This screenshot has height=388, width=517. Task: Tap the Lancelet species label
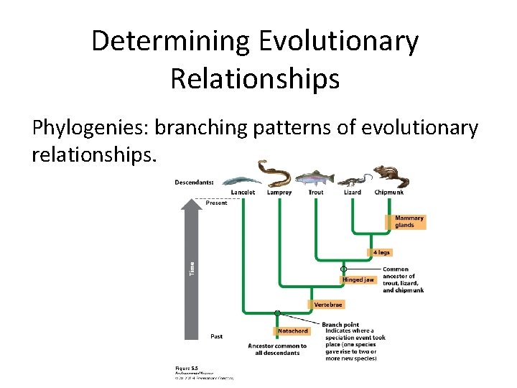coord(243,193)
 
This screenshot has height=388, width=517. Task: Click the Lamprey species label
coord(279,193)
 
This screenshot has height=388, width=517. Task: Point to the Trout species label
coord(315,193)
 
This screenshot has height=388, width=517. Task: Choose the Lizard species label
coord(353,193)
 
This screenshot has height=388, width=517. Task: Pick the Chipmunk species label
coord(388,193)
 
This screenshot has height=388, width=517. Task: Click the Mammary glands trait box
coord(409,221)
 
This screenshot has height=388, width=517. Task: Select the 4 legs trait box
coord(381,252)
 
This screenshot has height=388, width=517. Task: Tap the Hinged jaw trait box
coord(358,280)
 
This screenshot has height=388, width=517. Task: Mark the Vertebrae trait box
coord(329,305)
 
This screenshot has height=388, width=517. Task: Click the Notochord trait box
coord(293,331)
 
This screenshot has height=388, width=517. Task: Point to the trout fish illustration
coord(315,177)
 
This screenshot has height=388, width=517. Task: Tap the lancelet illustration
coord(241,181)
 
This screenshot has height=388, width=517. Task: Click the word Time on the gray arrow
coord(192,268)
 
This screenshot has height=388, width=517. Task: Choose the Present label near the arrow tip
coord(216,203)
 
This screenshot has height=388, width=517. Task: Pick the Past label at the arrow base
coord(216,336)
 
